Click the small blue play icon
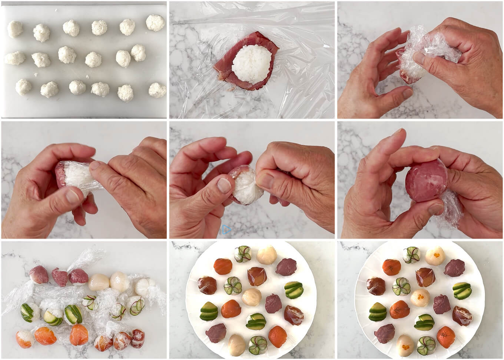click(x=226, y=230)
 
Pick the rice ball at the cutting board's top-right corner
click(x=155, y=23)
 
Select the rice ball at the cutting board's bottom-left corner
click(x=23, y=87)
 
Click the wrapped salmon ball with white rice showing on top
click(x=24, y=339)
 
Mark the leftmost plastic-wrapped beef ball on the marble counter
click(x=39, y=274)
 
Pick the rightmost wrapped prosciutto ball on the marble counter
click(x=137, y=338)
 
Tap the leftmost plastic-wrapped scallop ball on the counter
click(x=99, y=282)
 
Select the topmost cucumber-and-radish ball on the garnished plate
click(x=411, y=255)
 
